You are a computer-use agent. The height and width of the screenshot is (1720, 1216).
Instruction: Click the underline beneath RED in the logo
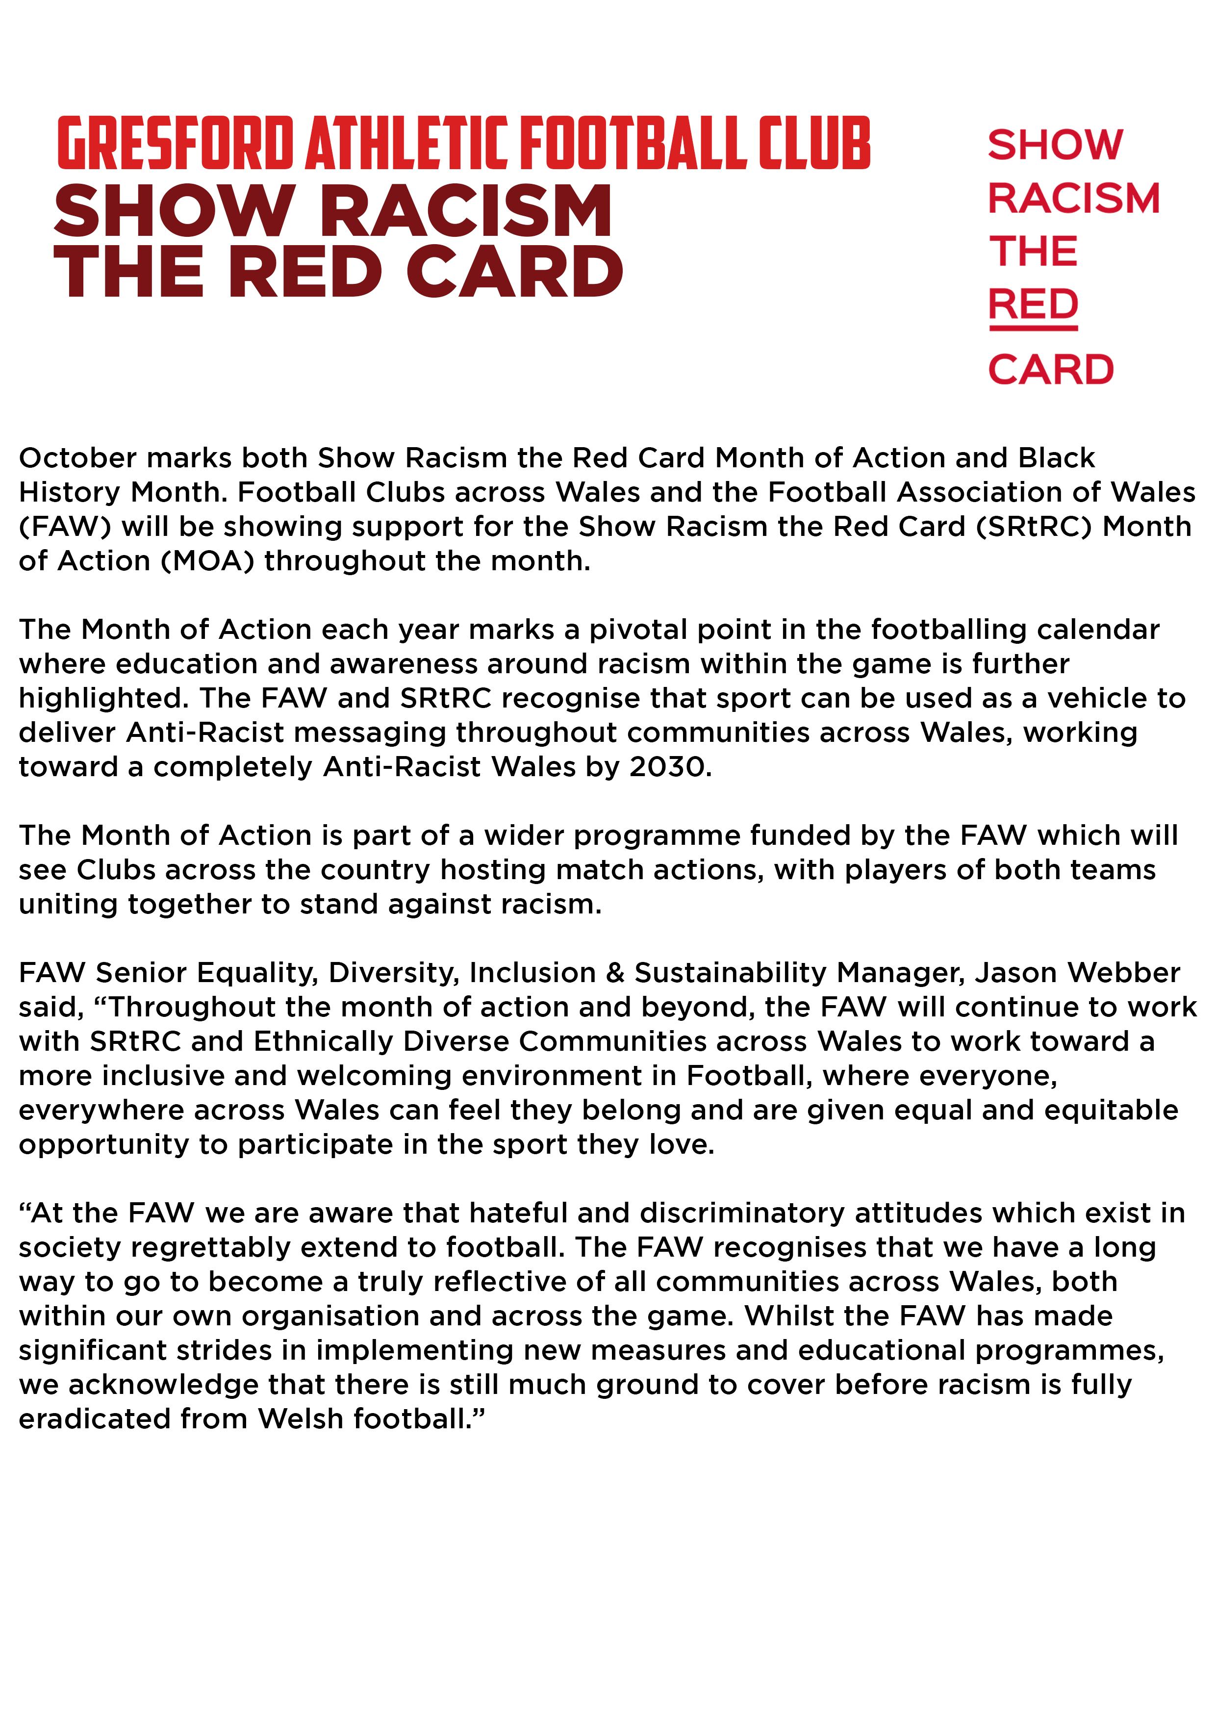click(x=1033, y=328)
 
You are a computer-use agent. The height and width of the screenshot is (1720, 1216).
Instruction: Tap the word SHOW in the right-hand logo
click(x=1055, y=145)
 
